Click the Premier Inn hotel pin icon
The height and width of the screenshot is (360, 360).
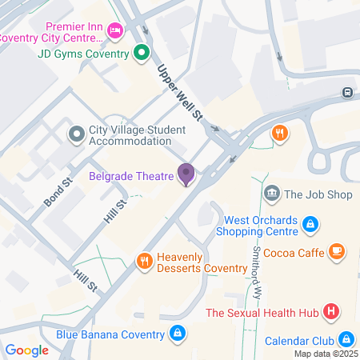pyautogui.click(x=114, y=30)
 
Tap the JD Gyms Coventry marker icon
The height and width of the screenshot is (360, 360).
pyautogui.click(x=141, y=54)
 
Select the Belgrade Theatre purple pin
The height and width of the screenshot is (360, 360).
pyautogui.click(x=186, y=173)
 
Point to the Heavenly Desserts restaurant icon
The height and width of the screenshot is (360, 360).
pyautogui.click(x=145, y=260)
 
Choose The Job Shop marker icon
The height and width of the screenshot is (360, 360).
pyautogui.click(x=272, y=193)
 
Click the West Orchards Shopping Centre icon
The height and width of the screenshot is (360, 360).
pyautogui.click(x=310, y=226)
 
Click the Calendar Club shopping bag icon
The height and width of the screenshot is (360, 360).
pyautogui.click(x=346, y=338)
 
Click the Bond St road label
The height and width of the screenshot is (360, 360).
pyautogui.click(x=58, y=192)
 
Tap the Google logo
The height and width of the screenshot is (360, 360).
pyautogui.click(x=26, y=350)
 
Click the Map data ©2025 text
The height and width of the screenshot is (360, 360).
pyautogui.click(x=325, y=354)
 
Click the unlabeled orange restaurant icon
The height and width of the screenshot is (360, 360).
pyautogui.click(x=279, y=134)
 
